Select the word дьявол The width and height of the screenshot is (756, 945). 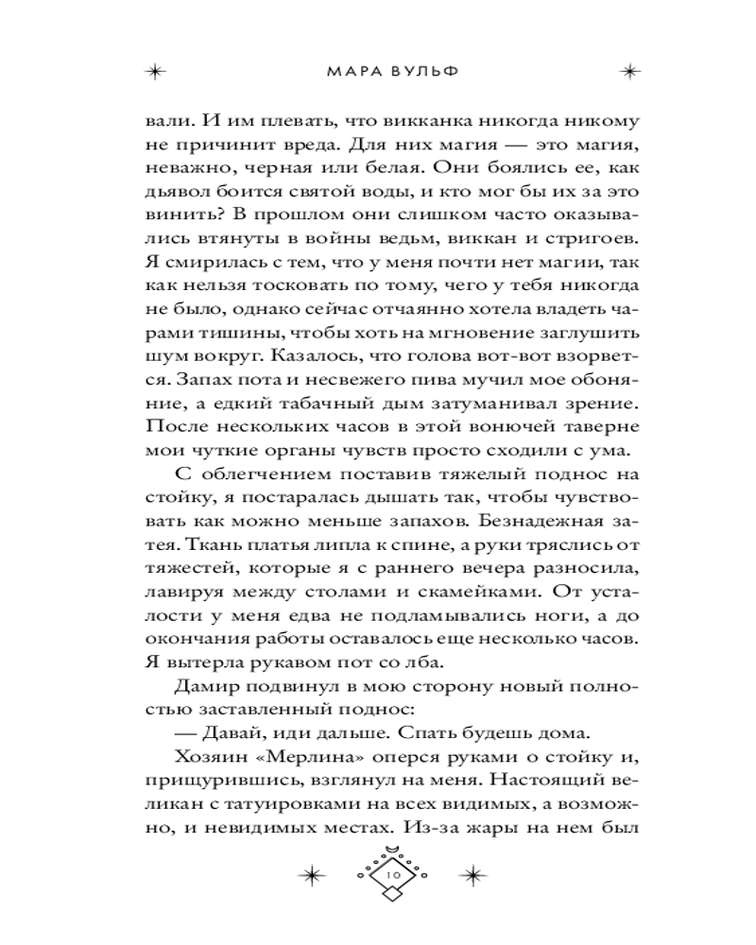click(176, 192)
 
